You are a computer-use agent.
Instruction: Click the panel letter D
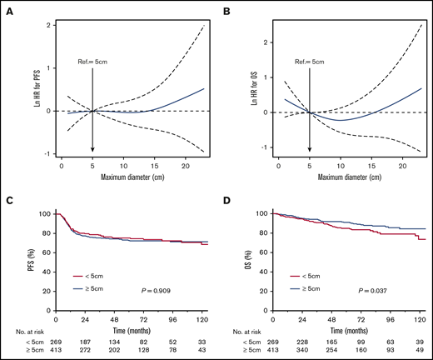tap(227, 200)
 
